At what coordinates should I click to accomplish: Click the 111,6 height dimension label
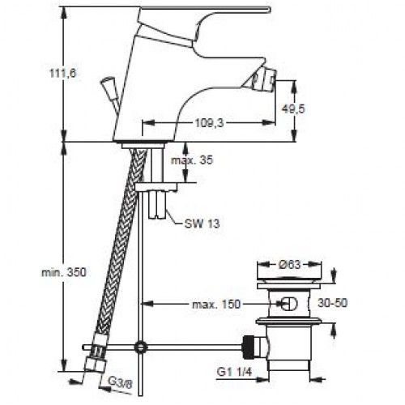click(63, 73)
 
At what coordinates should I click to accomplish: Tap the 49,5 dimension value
click(293, 109)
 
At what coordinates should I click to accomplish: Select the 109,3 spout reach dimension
click(210, 123)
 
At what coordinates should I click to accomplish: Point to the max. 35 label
click(192, 160)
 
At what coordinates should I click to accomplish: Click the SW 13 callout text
click(202, 224)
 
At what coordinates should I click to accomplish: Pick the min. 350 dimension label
click(64, 272)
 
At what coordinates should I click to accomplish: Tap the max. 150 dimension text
click(216, 305)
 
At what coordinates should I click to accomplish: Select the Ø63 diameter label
click(289, 264)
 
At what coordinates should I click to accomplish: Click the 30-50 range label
click(332, 303)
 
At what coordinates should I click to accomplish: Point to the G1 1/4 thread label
click(234, 372)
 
